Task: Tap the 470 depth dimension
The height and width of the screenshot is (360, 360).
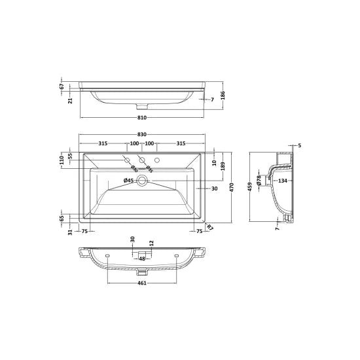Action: [232, 186]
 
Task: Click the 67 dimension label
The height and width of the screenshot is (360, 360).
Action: [62, 86]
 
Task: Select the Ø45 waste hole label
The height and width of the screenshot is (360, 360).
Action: [128, 181]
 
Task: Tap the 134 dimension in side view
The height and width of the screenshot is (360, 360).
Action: [283, 181]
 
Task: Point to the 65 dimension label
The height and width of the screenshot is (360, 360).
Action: [62, 218]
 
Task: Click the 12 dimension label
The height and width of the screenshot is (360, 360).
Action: [151, 243]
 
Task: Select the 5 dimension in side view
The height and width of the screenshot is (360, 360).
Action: [299, 145]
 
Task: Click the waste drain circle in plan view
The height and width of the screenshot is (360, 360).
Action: [141, 181]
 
